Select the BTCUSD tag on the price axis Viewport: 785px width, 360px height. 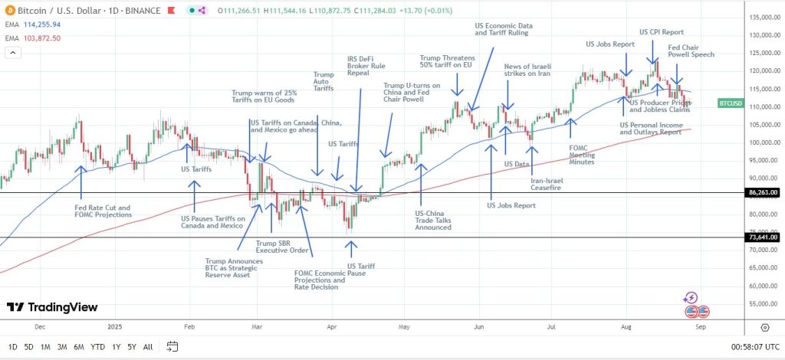(x=731, y=103)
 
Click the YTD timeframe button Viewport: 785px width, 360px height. (x=97, y=347)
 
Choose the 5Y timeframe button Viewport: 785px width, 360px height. (x=133, y=347)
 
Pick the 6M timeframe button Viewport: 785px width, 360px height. (x=79, y=347)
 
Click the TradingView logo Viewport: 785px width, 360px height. (x=52, y=307)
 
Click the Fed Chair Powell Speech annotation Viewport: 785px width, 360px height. (x=691, y=51)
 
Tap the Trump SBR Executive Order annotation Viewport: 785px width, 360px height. (x=282, y=247)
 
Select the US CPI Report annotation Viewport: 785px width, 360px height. (x=661, y=32)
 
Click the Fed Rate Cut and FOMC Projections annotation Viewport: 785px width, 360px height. (x=103, y=211)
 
